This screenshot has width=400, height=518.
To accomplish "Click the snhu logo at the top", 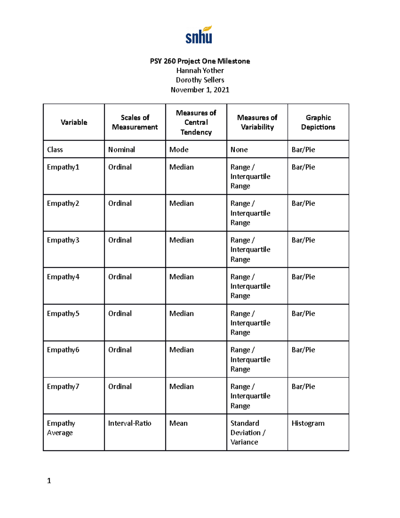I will [199, 35].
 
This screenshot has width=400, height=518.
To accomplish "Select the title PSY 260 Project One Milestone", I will [200, 61].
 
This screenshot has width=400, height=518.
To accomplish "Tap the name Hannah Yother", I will [200, 70].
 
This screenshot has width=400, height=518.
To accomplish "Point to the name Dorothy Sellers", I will [200, 80].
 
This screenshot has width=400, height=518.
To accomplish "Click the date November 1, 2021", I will [200, 90].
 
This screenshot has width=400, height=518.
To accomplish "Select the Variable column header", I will [74, 122].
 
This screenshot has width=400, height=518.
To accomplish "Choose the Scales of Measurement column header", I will [135, 122].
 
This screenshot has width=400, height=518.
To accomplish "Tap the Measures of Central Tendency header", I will [196, 122].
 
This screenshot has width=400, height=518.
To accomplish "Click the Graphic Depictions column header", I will [318, 122].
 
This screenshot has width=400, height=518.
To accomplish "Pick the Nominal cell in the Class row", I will [121, 149].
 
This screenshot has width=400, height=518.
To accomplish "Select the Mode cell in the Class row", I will [179, 149].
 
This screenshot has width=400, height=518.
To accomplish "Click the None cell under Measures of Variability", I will [239, 149].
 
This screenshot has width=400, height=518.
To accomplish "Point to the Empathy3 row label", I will [63, 240].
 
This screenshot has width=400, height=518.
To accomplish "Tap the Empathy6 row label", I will [63, 350].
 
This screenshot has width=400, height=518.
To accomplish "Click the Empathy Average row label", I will [61, 428].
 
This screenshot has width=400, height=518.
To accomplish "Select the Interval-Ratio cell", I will [129, 423].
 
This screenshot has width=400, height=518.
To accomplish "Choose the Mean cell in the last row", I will [178, 423].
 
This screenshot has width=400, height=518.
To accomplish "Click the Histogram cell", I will [308, 423].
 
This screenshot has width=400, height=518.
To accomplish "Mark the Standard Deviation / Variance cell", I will [247, 433].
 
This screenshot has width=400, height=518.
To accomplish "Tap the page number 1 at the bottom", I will [49, 481].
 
